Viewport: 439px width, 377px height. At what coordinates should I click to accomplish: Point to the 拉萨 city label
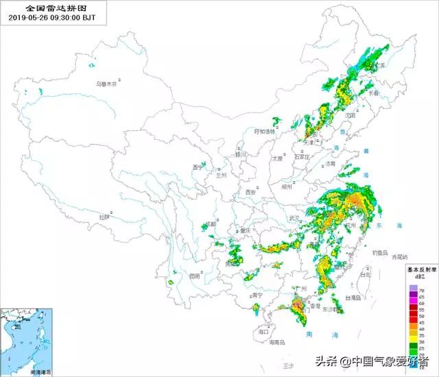pos(105,217)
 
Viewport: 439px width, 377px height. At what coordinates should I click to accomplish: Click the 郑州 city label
pos(286,186)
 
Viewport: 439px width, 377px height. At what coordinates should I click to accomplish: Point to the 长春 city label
pos(374,92)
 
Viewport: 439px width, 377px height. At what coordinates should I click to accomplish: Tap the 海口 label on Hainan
pos(263,331)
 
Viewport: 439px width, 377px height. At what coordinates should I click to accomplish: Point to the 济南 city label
pos(331,164)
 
